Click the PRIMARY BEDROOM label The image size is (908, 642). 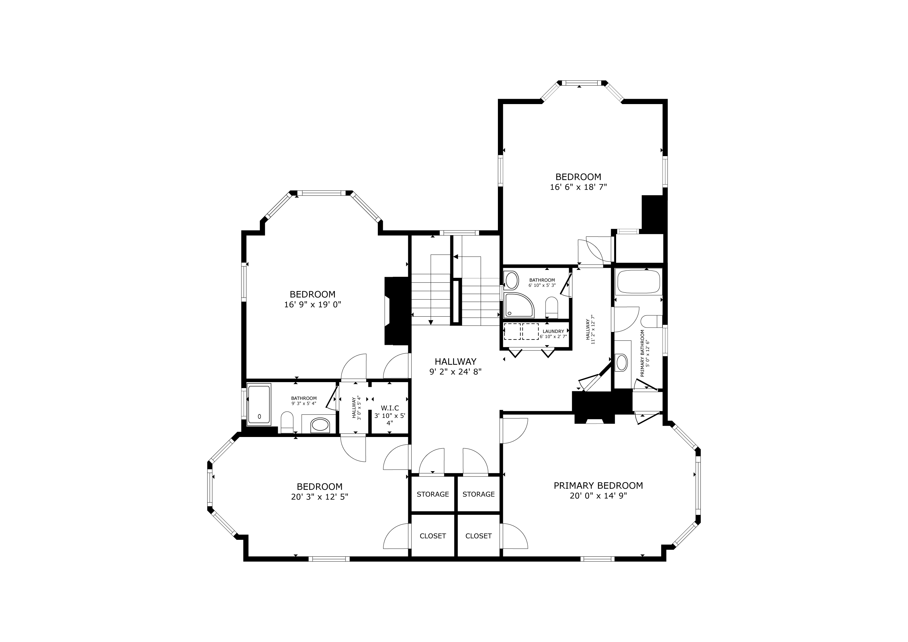(x=598, y=486)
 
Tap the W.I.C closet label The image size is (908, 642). (x=390, y=408)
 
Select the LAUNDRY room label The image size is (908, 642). (x=553, y=331)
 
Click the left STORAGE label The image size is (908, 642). (x=433, y=494)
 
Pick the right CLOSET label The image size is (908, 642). (x=478, y=536)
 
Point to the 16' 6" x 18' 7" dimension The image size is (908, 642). (x=578, y=187)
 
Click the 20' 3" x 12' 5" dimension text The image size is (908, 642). (x=319, y=497)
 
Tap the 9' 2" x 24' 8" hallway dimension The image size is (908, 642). (x=456, y=371)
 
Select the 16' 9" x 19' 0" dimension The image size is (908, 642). (x=312, y=304)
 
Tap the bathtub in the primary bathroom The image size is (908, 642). (x=638, y=282)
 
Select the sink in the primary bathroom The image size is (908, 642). (x=622, y=362)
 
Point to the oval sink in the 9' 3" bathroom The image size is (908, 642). (x=320, y=425)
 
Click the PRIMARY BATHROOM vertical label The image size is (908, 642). (x=645, y=353)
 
